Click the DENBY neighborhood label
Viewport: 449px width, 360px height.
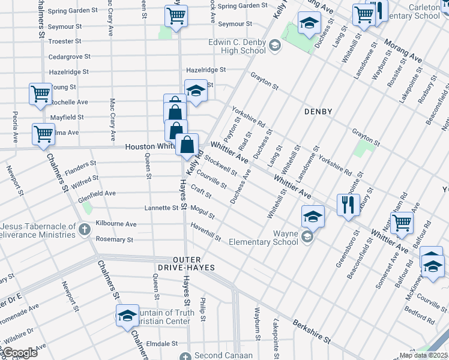click(x=318, y=112)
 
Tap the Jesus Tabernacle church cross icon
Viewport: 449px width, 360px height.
click(x=84, y=229)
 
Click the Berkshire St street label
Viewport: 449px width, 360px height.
click(x=312, y=331)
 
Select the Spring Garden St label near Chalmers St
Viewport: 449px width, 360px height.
click(x=73, y=11)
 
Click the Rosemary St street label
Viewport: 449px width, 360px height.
click(x=114, y=239)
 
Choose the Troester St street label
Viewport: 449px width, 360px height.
click(x=64, y=41)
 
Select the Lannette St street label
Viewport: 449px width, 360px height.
click(x=161, y=208)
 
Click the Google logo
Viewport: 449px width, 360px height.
click(x=20, y=353)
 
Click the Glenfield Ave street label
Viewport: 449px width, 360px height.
click(x=97, y=193)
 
